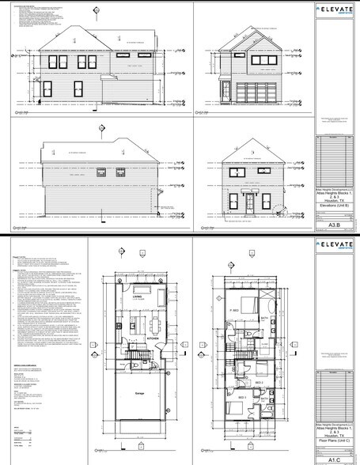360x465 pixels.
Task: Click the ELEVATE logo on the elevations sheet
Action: [x=335, y=9]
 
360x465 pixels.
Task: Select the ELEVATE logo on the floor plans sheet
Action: [x=335, y=244]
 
